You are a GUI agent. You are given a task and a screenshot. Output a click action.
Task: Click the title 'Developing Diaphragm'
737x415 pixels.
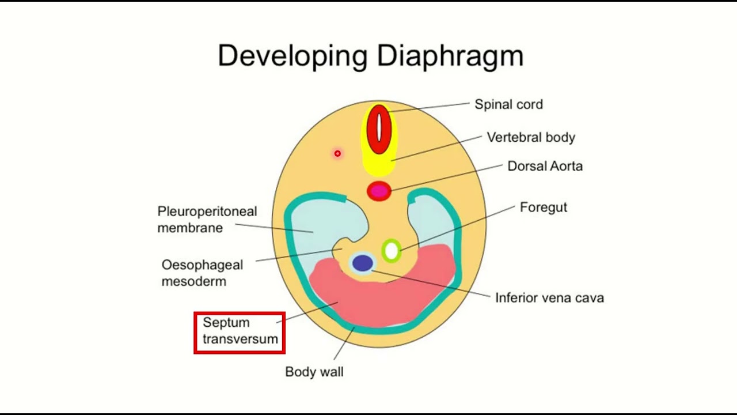[x=370, y=56]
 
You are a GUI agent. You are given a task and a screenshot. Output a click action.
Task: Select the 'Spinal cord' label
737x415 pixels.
[x=508, y=104]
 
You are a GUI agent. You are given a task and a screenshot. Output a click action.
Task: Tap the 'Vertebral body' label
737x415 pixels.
[x=531, y=137]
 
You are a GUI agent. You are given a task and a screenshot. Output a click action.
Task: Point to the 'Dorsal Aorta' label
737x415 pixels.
[x=545, y=166]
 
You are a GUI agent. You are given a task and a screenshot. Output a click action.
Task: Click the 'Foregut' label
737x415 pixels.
[x=543, y=207]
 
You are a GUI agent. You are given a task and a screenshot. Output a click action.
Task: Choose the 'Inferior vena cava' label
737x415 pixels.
[x=549, y=298]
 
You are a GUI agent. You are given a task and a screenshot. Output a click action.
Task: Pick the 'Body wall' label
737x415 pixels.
[x=314, y=372]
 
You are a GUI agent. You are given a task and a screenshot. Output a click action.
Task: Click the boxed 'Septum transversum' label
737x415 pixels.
[x=240, y=331]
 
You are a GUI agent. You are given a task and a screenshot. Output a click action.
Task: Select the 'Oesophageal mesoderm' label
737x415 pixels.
[x=202, y=273]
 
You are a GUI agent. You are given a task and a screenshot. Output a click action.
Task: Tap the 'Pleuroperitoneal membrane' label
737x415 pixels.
[x=207, y=220]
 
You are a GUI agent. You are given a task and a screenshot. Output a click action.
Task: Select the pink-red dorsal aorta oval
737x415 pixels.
[x=379, y=191]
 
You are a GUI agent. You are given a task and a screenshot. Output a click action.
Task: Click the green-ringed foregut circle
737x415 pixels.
[x=392, y=251]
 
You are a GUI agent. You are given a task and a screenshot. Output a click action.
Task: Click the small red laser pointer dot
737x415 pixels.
[x=337, y=153]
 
